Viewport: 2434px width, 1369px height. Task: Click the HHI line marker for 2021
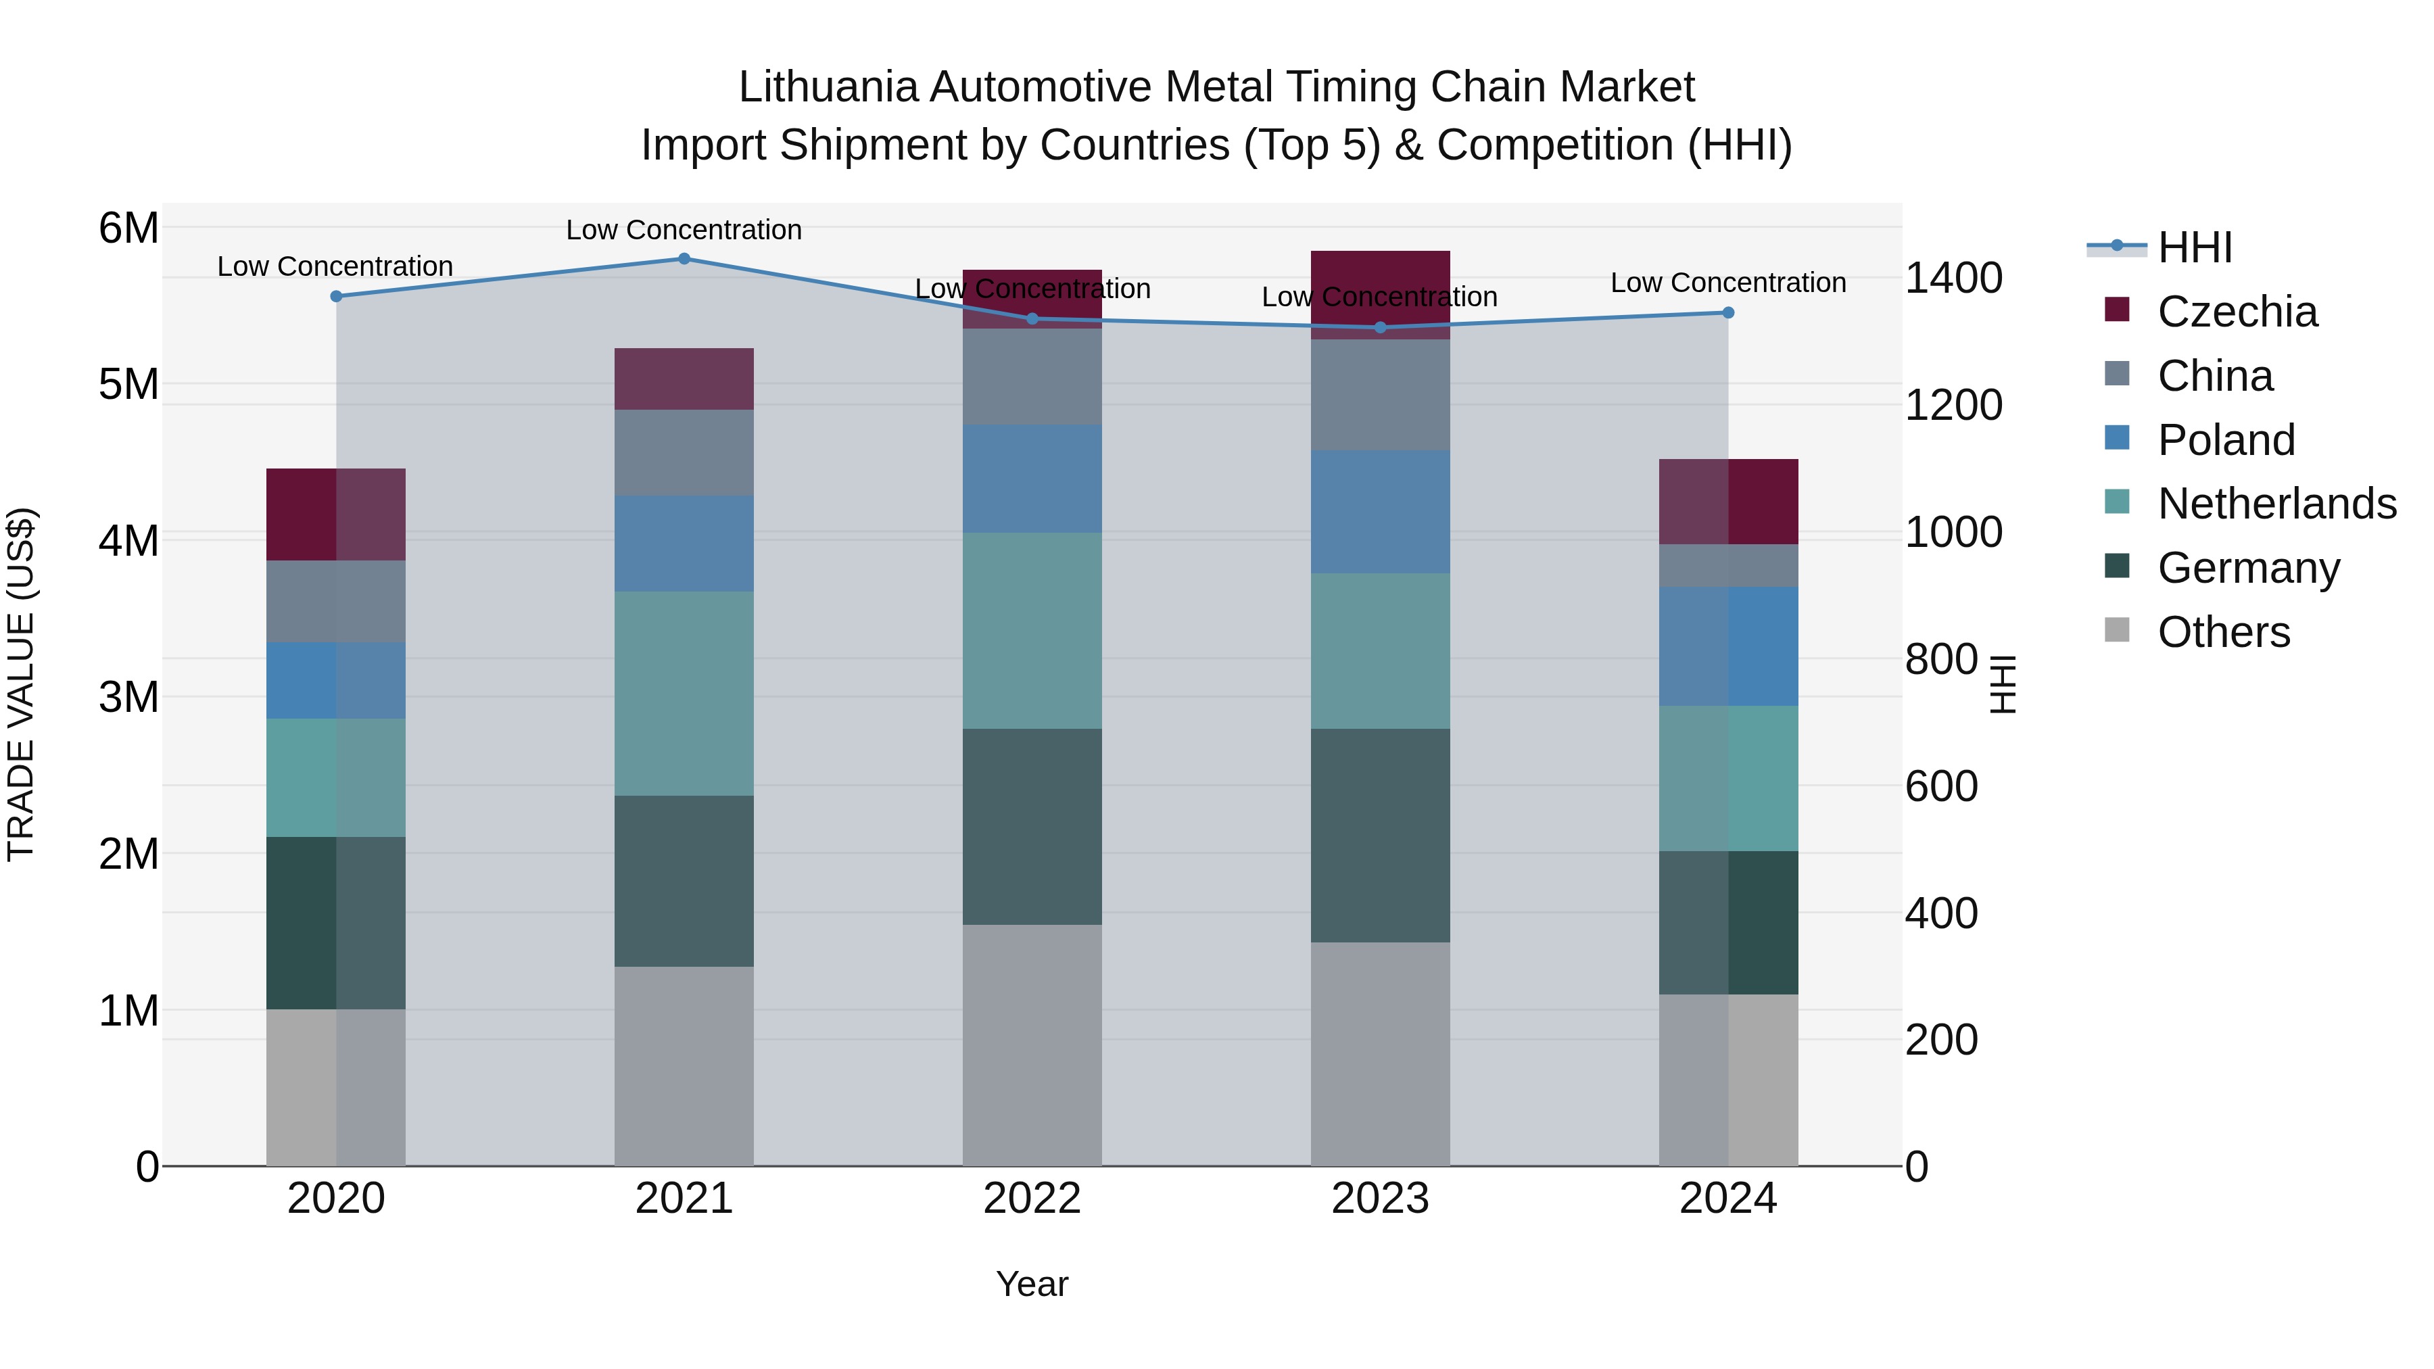[684, 258]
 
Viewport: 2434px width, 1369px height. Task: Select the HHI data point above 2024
[1727, 313]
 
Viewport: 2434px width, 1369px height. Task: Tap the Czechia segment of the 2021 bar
[684, 379]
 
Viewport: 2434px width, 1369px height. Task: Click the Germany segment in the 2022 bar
[1032, 827]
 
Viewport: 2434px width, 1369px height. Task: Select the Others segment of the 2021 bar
[684, 1065]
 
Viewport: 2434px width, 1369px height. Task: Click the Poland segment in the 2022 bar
[1032, 479]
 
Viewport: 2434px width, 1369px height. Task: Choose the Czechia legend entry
[2237, 312]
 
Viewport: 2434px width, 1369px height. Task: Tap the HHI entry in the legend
[2194, 247]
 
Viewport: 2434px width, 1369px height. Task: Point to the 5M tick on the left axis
[128, 385]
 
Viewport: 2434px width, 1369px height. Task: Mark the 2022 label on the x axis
[1032, 1199]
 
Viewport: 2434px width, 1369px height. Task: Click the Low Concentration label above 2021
[684, 230]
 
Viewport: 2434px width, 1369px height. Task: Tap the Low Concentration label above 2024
[1727, 283]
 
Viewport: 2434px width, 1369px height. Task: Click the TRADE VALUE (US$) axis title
[21, 684]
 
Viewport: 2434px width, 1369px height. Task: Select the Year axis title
[1032, 1284]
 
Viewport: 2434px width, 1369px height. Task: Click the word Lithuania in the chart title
[828, 87]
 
